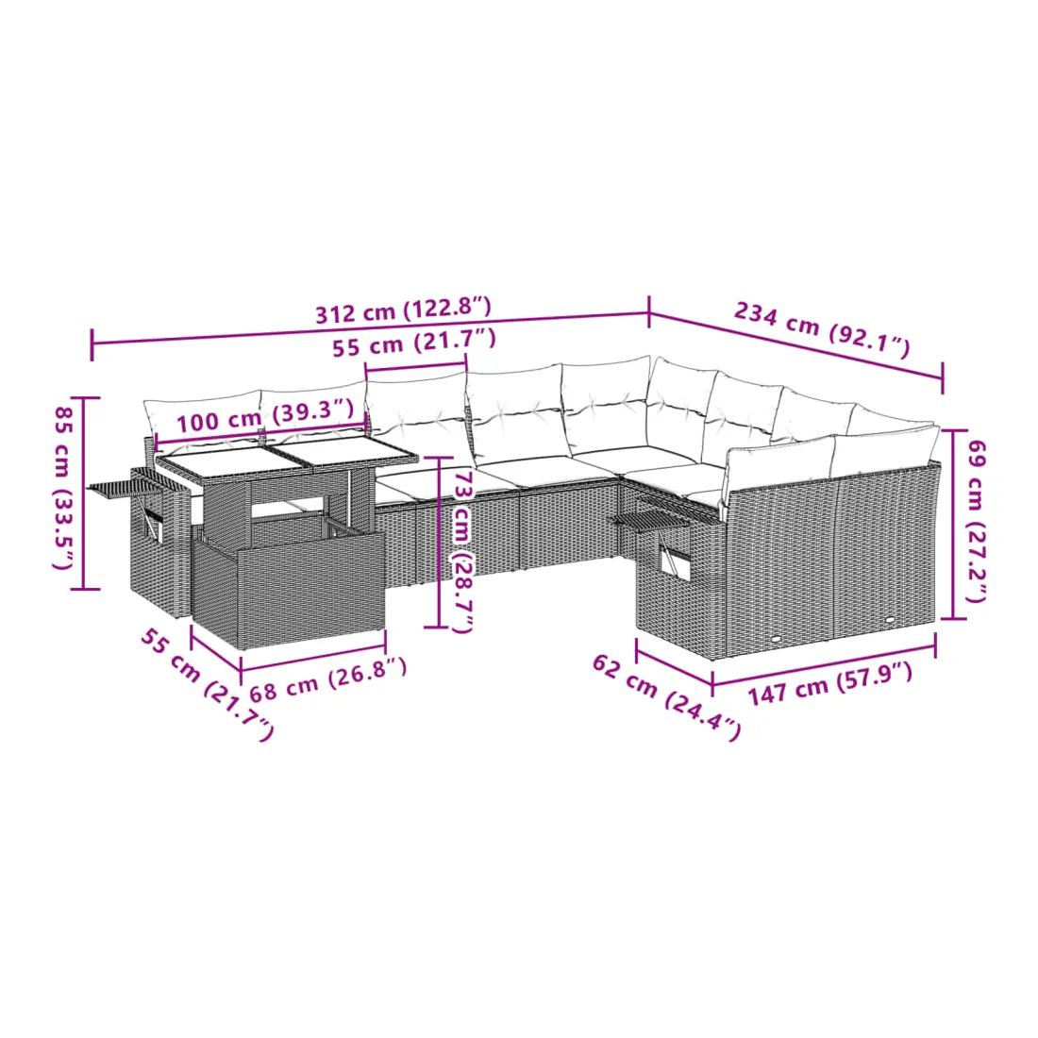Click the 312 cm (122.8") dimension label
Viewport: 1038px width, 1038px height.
click(403, 310)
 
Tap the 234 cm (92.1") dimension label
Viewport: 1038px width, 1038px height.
click(822, 329)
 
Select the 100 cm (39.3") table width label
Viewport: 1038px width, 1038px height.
click(265, 415)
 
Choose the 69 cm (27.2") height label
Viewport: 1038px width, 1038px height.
click(977, 521)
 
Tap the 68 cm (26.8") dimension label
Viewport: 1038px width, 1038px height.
click(327, 678)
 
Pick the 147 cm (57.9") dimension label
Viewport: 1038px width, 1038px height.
click(830, 684)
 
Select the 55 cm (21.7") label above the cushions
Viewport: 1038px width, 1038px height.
click(413, 342)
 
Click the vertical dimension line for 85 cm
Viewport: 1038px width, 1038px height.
click(83, 494)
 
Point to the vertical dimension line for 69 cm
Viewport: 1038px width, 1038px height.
click(953, 525)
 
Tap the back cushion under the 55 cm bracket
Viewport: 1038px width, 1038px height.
click(418, 413)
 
